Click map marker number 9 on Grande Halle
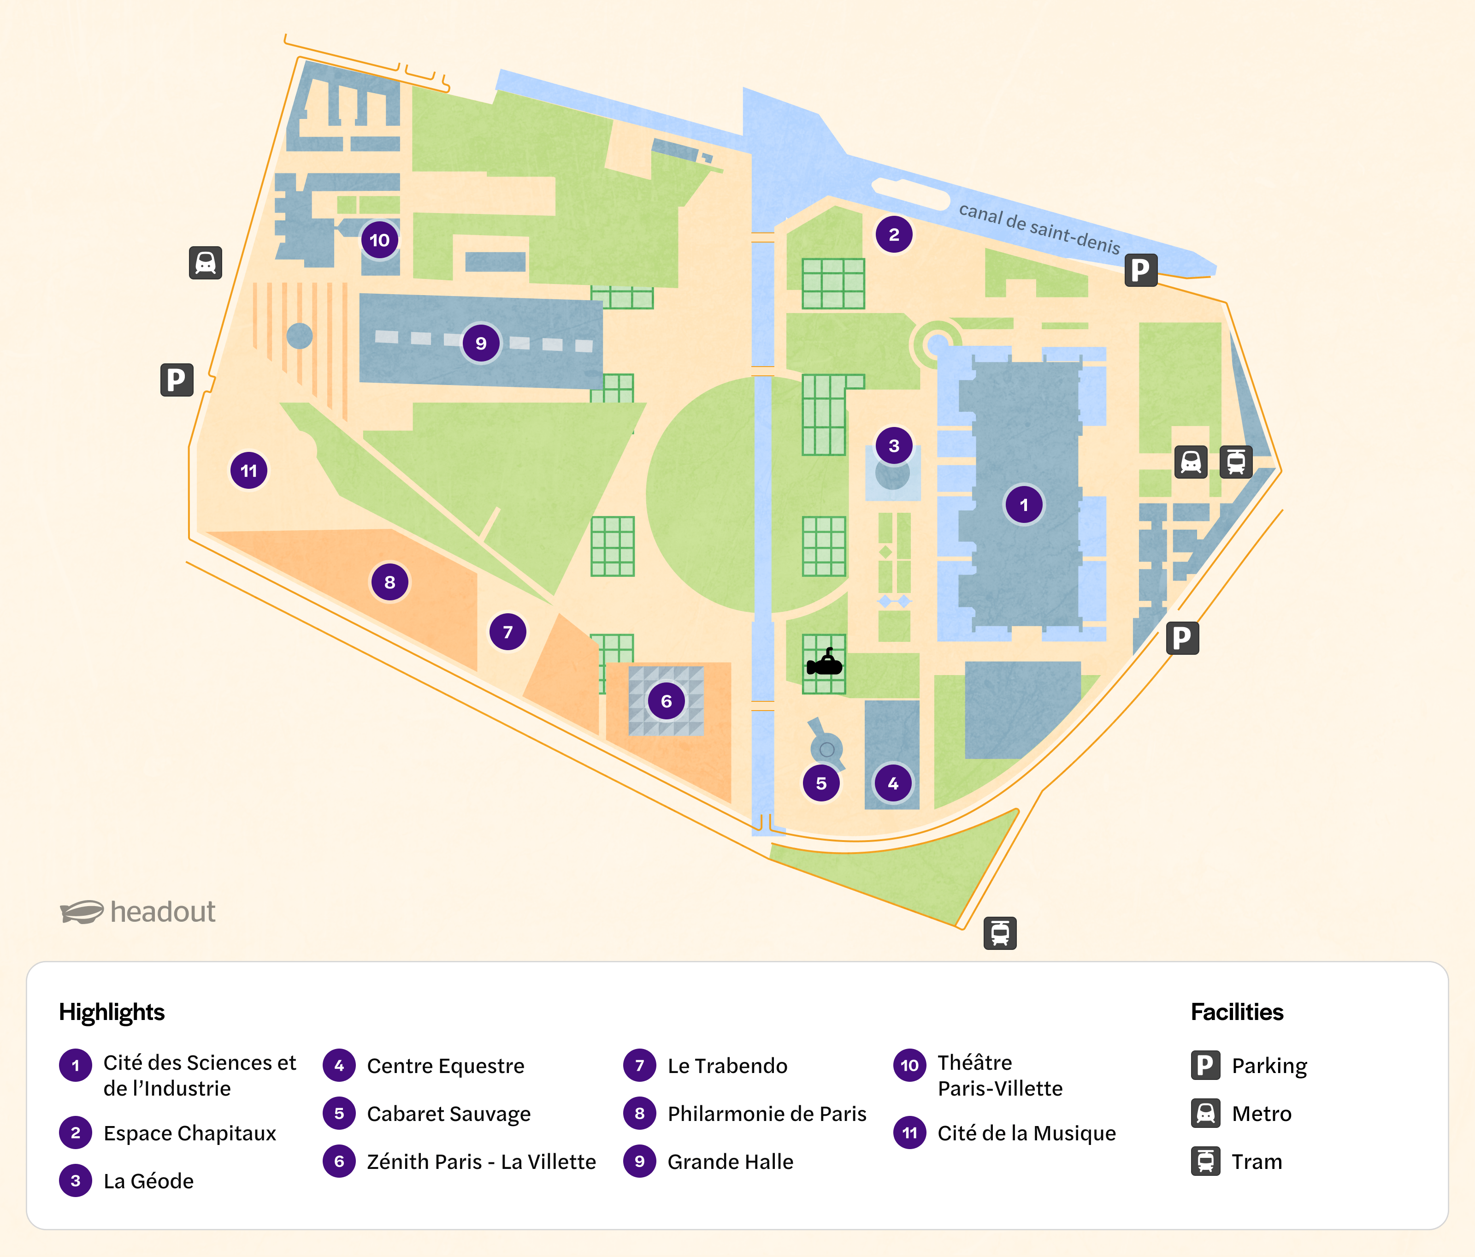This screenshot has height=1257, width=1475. (x=481, y=343)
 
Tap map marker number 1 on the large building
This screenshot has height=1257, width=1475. (x=1024, y=505)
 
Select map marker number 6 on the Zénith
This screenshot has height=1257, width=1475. (x=667, y=701)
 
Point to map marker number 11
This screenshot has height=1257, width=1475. (x=248, y=471)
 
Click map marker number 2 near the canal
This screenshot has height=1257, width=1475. (x=894, y=234)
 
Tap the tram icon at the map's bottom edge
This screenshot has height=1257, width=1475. (x=1000, y=933)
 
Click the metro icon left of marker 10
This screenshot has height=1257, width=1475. (x=206, y=263)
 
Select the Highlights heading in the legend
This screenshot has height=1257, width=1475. (x=112, y=1012)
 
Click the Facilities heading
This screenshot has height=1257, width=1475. (x=1237, y=1012)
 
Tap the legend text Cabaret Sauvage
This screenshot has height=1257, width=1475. (x=448, y=1114)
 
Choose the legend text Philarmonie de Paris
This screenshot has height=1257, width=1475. (x=767, y=1114)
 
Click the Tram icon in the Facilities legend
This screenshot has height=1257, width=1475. (x=1205, y=1162)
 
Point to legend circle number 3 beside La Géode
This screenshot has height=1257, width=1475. (x=76, y=1181)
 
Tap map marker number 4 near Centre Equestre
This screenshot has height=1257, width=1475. (x=893, y=783)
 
